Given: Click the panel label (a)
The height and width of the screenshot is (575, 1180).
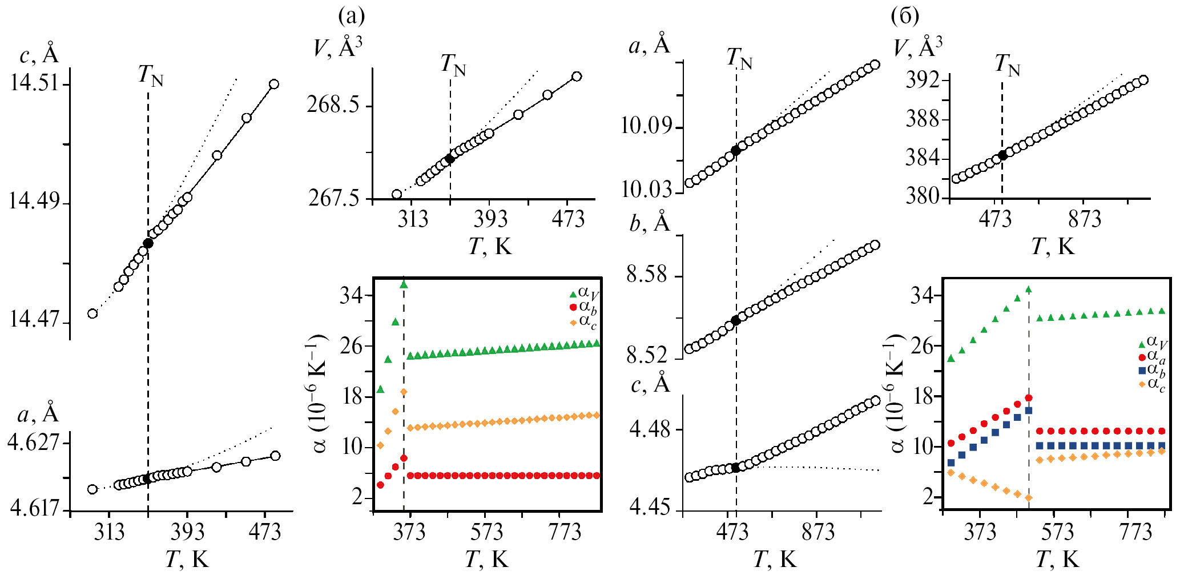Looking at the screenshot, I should pos(351,16).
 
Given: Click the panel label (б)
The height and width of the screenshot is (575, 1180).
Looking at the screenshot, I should pos(905,16).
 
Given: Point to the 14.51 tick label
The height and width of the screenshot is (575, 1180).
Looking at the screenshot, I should pos(34,83).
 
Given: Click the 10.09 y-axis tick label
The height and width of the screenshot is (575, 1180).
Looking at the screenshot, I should pos(646,126).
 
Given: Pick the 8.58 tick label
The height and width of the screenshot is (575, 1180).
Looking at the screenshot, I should pos(647,275).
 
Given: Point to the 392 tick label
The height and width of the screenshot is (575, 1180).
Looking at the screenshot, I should pos(923,81).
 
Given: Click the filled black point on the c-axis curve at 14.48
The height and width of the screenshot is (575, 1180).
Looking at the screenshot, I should pos(148,243).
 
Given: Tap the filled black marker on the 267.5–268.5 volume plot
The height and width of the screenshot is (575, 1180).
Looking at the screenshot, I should pos(450,159).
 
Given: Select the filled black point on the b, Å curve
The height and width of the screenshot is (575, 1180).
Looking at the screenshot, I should pos(736,321).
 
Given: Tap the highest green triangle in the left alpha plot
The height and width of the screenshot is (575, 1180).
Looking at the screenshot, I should pos(404,284).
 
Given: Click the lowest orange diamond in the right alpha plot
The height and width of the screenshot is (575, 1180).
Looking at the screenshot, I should pos(1029,498).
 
